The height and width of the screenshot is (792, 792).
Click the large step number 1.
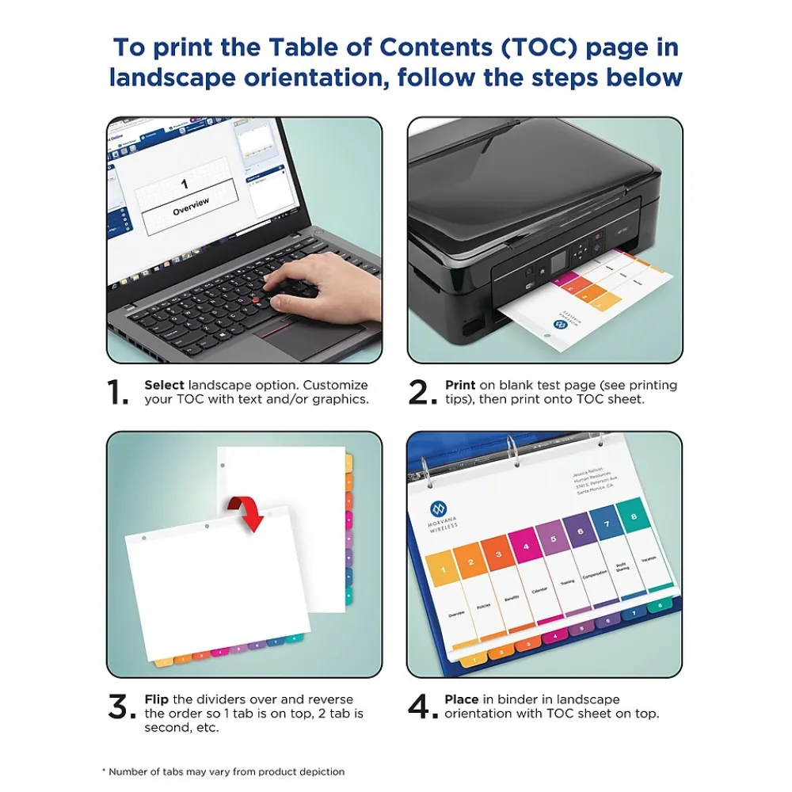click(118, 392)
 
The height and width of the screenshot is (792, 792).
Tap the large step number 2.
click(421, 392)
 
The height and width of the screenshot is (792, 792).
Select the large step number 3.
click(120, 707)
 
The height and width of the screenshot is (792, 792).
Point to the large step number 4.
click(421, 707)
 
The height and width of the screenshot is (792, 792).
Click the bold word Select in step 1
click(164, 385)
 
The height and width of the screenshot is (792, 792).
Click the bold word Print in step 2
click(460, 385)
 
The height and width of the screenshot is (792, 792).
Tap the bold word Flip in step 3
click(156, 699)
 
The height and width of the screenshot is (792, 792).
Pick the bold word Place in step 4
click(462, 699)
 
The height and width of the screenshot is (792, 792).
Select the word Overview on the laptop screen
click(191, 204)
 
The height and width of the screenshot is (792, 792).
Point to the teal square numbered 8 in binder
click(631, 516)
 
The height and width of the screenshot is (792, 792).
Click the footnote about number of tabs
click(223, 771)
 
